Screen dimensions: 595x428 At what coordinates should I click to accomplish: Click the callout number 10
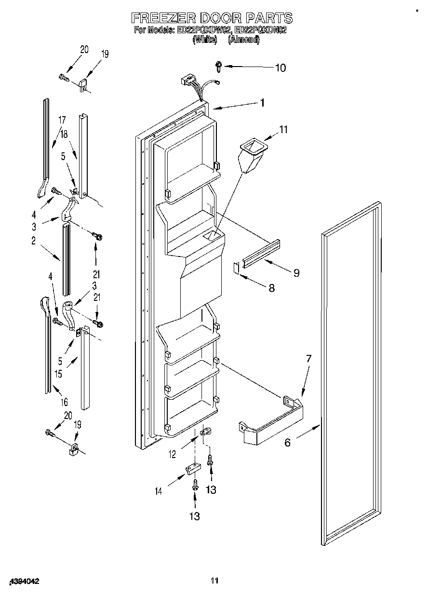pos(280,68)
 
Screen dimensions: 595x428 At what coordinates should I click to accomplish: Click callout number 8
pos(271,288)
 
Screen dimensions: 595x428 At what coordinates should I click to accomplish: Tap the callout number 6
pos(287,442)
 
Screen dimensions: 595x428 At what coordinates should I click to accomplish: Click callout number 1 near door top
pos(262,102)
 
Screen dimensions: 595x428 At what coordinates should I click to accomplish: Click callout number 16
pos(64,401)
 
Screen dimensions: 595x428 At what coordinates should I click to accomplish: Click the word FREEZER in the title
pos(159,18)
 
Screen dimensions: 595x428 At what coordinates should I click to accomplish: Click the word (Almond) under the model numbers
pos(243,41)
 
